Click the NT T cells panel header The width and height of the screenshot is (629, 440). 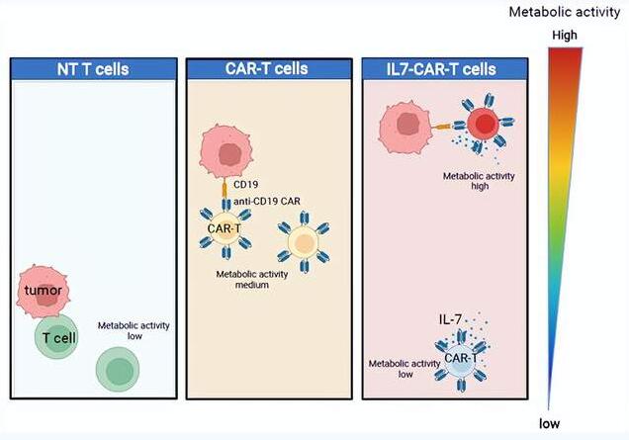(94, 69)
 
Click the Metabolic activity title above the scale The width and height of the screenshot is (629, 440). (565, 13)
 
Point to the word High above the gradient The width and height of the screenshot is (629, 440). (565, 36)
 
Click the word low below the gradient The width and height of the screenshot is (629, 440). (549, 423)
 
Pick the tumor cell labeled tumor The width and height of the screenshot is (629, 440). (43, 291)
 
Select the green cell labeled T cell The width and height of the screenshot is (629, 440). (56, 336)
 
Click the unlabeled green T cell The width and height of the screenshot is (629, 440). (118, 370)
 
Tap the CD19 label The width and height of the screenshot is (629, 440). (245, 185)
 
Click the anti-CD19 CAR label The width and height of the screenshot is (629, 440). (267, 201)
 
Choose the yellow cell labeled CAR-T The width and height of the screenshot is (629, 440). (225, 228)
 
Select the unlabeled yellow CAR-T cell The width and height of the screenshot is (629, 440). (304, 242)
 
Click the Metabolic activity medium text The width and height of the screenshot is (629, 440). (252, 280)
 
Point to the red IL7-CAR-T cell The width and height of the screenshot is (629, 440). (484, 124)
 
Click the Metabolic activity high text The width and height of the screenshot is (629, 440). (479, 181)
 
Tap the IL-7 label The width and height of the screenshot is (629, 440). (450, 319)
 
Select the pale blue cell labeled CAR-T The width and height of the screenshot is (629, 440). (461, 359)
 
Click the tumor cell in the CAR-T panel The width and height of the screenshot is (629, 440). (226, 153)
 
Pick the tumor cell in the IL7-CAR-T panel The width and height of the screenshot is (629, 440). (405, 128)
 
